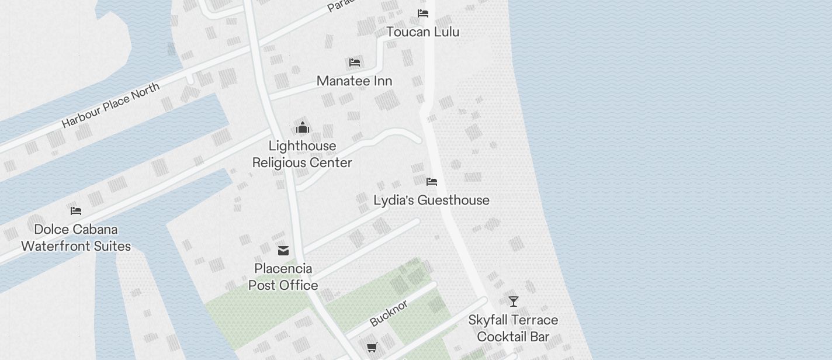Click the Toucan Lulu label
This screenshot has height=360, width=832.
[x=422, y=32]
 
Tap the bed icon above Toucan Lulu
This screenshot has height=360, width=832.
[x=422, y=13]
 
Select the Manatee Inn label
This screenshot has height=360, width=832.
[x=354, y=81]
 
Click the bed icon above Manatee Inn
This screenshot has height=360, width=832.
[x=354, y=63]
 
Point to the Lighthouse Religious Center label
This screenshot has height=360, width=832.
[x=302, y=154]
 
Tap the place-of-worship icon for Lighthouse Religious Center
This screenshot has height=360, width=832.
[x=303, y=127]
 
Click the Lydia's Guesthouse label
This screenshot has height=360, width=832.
[x=431, y=200]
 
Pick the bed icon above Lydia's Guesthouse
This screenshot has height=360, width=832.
[x=432, y=182]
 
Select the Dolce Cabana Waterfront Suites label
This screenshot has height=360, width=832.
[x=76, y=238]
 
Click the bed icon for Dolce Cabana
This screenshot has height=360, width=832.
[x=76, y=210]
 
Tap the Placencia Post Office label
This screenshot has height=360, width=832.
[x=283, y=277]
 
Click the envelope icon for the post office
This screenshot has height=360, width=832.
[x=283, y=251]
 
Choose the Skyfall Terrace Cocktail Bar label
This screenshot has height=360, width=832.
[x=513, y=328]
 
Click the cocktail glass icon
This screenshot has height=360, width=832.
[x=513, y=302]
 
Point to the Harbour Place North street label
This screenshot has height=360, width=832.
[x=110, y=106]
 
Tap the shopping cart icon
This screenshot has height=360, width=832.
[x=372, y=348]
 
